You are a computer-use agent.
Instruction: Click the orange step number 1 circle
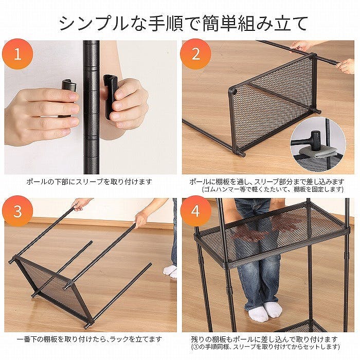point(17,54)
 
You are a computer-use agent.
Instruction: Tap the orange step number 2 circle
point(195,54)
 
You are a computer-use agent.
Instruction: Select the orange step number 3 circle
point(17,211)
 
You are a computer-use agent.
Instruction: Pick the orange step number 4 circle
point(195,211)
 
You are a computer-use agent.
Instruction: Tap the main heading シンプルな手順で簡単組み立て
point(183,24)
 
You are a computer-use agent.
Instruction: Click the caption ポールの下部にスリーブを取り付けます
point(89,182)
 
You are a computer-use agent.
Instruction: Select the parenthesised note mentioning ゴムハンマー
point(273,189)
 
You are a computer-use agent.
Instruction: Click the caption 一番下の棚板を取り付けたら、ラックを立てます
point(89,339)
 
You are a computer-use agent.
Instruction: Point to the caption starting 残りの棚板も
point(264,339)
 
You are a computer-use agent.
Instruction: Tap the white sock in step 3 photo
point(170,271)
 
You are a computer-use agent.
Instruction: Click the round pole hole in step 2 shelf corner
point(233,92)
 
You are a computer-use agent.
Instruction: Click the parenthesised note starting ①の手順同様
point(265,347)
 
